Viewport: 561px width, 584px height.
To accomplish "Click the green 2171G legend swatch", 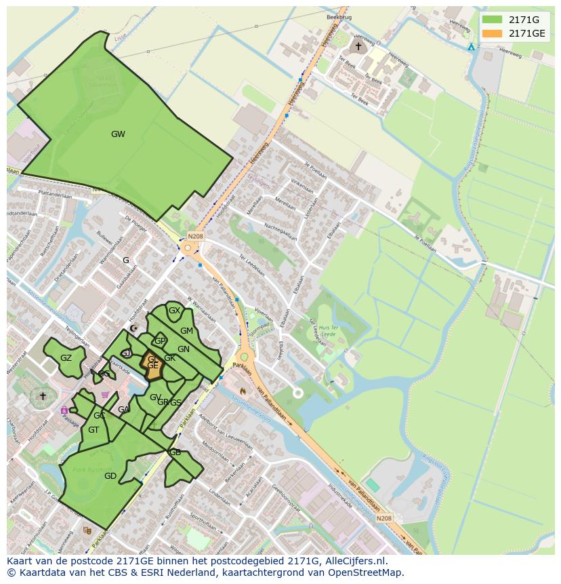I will click(493, 20).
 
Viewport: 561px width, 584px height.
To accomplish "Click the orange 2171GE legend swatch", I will click(493, 33).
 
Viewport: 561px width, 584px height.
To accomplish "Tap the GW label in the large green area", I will click(118, 134).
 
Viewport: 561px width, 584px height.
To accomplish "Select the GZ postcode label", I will click(66, 358).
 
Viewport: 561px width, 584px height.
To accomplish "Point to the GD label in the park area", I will click(110, 476).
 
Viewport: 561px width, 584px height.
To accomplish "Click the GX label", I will click(174, 311).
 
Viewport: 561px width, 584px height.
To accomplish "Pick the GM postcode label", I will click(186, 331).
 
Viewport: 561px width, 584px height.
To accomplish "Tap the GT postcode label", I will click(93, 430).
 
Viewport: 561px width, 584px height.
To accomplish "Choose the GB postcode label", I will click(175, 452).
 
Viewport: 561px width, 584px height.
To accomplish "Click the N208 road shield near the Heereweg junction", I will click(195, 236).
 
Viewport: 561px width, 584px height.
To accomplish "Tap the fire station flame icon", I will click(243, 391).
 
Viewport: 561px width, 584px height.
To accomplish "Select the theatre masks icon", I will click(87, 530).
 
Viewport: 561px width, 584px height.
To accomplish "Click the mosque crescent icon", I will click(133, 328).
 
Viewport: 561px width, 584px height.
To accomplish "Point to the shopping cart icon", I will click(104, 395).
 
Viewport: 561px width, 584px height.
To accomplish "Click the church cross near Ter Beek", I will click(358, 46).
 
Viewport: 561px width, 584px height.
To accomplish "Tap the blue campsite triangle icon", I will click(471, 47).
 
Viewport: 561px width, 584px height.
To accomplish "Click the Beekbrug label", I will click(339, 16).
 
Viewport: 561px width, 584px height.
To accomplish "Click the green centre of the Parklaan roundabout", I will click(245, 357).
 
